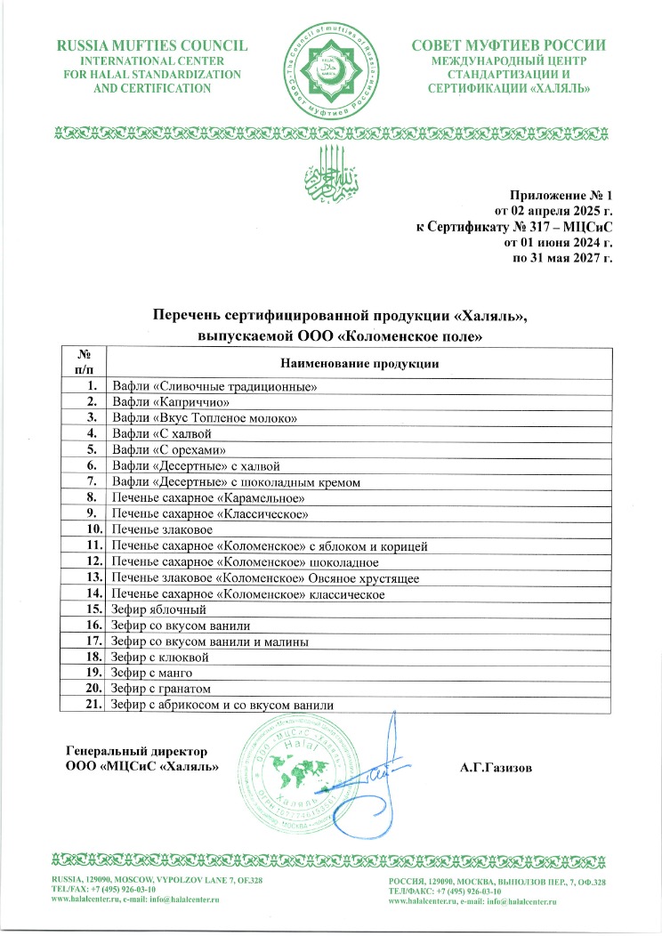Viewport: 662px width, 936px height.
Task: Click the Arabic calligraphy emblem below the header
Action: [x=331, y=171]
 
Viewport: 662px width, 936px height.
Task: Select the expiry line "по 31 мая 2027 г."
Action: [x=564, y=258]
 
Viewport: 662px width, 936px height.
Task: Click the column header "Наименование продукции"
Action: [x=359, y=363]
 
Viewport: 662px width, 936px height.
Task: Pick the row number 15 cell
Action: [x=86, y=609]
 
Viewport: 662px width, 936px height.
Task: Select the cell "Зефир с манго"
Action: [x=149, y=674]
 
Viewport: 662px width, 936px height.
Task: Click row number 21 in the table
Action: [x=86, y=706]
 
